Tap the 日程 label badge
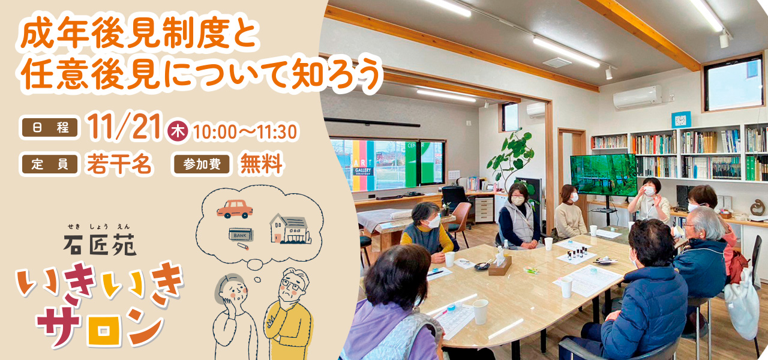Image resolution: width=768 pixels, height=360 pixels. pyautogui.click(x=50, y=128)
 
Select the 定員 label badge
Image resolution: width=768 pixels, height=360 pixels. pyautogui.click(x=50, y=164)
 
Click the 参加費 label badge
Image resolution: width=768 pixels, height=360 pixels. pyautogui.click(x=202, y=164)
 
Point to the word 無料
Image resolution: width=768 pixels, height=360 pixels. pyautogui.click(x=261, y=164)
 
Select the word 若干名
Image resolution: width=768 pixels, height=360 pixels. pyautogui.click(x=119, y=164)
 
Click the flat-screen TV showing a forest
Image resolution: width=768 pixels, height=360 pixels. pyautogui.click(x=603, y=175)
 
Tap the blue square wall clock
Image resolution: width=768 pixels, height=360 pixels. pyautogui.click(x=680, y=120)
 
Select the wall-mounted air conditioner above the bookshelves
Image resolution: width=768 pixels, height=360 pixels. pyautogui.click(x=637, y=97)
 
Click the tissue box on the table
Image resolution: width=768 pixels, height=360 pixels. pyautogui.click(x=500, y=265)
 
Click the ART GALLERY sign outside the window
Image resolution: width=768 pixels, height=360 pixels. pyautogui.click(x=363, y=168)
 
